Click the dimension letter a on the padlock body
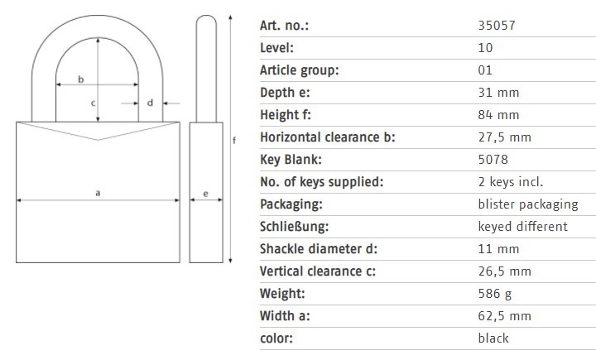pos(98,192)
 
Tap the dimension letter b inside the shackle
pos(80,79)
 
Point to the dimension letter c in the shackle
pos(94,103)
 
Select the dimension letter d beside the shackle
pos(150,103)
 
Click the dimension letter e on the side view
pos(205,195)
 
